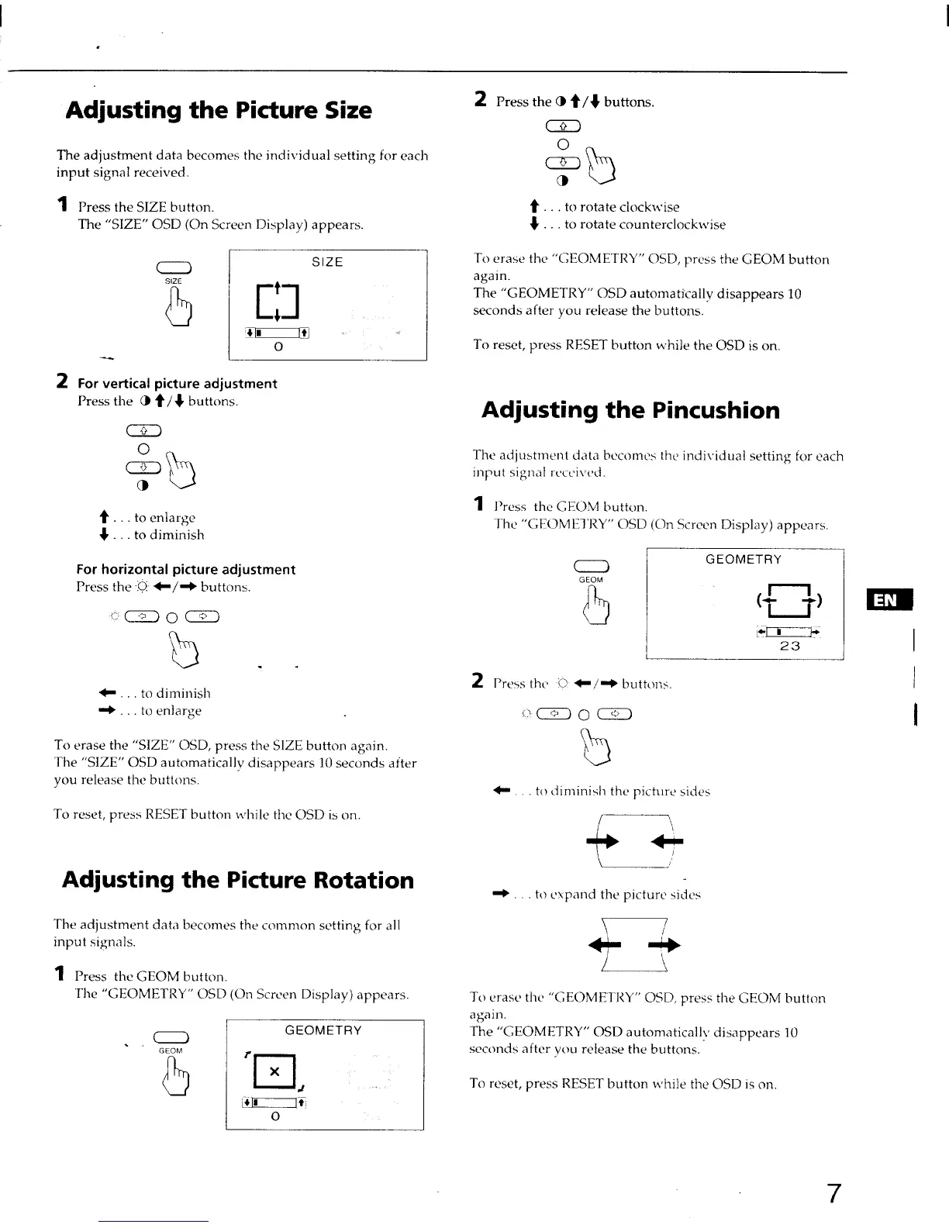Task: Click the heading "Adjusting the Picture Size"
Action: [x=219, y=110]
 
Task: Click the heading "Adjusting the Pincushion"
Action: [x=630, y=410]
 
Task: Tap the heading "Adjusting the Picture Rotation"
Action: [x=238, y=880]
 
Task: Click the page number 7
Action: [x=833, y=1194]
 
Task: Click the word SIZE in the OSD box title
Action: [x=327, y=262]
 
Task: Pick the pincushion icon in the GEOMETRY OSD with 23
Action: [x=790, y=600]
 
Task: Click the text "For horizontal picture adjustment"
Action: [x=186, y=570]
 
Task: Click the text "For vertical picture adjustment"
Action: [x=177, y=384]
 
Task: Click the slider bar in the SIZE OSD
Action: [x=277, y=334]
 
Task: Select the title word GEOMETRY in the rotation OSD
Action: [x=323, y=1030]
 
